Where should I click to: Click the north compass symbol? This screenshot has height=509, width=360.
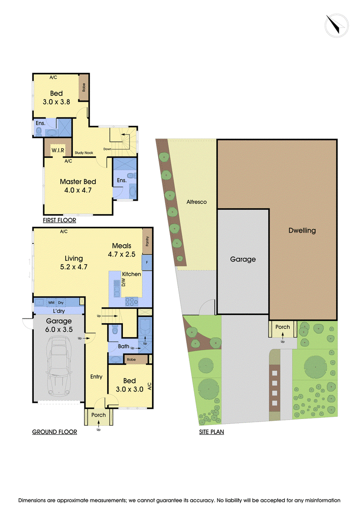click(337, 25)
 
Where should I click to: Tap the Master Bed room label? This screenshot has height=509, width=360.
click(78, 182)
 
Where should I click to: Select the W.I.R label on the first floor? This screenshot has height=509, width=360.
click(58, 150)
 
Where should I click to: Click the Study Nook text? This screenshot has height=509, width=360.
click(84, 153)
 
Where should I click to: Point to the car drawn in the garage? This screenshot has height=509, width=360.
click(59, 366)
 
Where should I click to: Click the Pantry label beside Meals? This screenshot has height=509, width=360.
click(148, 241)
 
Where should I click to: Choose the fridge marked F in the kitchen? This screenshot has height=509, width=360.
click(147, 263)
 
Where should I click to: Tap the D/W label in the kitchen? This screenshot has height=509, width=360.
click(123, 282)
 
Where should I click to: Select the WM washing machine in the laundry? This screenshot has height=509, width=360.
click(51, 302)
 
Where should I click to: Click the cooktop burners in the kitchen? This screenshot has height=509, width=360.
click(131, 302)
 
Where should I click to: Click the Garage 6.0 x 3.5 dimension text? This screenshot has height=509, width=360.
click(59, 329)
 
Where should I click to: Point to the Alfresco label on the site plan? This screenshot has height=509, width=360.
click(196, 202)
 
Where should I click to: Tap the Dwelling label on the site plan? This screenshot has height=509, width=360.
click(302, 230)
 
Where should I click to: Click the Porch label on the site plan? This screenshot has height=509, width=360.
click(283, 327)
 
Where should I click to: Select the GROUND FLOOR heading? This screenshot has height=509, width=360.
click(54, 432)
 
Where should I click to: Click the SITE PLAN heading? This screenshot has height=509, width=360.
click(211, 432)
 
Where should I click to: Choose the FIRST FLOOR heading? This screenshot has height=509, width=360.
click(59, 220)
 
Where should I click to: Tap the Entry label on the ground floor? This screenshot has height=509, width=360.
click(96, 377)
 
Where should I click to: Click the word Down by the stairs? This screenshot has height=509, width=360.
click(107, 149)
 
